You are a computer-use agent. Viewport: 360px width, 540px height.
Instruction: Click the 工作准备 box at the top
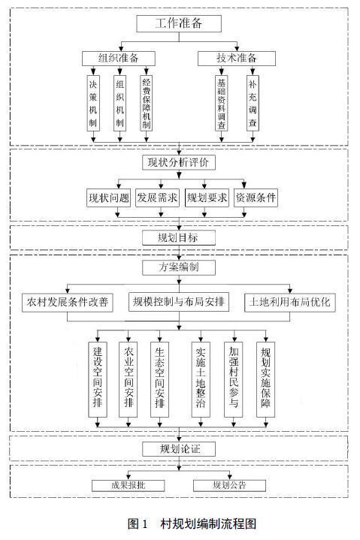(179, 23)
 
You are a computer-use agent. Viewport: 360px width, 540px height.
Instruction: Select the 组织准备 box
(119, 58)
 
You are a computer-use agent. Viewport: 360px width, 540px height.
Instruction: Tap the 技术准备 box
(237, 58)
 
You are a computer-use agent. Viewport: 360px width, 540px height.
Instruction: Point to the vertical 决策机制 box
(93, 103)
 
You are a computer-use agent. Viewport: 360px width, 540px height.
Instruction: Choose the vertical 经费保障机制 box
(147, 103)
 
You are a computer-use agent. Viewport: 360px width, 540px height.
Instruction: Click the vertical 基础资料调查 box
(222, 103)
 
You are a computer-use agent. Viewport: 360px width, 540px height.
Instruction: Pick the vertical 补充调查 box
(253, 103)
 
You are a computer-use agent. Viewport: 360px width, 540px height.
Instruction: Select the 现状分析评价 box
(179, 162)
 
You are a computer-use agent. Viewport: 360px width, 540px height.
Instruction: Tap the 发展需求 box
(157, 198)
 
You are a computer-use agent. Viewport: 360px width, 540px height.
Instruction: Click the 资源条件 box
(256, 198)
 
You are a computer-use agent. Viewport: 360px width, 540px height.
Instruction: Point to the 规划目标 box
(179, 237)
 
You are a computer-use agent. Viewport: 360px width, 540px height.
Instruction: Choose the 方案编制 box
(179, 267)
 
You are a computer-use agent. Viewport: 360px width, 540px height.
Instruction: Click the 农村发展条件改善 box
(68, 303)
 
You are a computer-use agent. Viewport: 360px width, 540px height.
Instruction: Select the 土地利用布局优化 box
(289, 303)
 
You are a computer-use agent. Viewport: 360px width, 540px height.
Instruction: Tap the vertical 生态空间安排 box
(159, 379)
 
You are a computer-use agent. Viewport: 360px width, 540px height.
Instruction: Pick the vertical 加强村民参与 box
(233, 379)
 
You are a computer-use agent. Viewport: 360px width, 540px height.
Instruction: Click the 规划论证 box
(179, 449)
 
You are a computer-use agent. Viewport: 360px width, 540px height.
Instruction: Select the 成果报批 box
(129, 486)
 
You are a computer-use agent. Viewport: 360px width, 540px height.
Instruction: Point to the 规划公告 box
(229, 486)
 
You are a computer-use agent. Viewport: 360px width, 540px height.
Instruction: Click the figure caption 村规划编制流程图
(208, 523)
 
